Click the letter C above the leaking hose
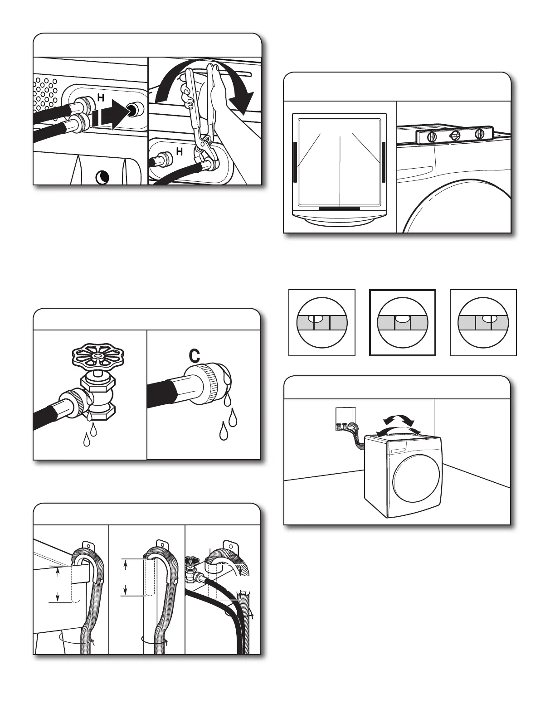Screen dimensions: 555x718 tap(194, 357)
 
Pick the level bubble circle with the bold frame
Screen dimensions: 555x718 tap(403, 322)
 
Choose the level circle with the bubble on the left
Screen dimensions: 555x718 tap(322, 322)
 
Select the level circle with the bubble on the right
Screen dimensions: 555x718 tap(483, 322)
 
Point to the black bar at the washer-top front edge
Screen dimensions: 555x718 tap(340, 209)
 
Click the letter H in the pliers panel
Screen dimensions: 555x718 tap(180, 152)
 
